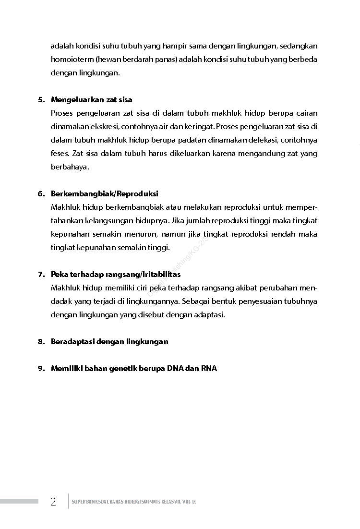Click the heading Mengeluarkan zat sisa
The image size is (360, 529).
[x=91, y=100]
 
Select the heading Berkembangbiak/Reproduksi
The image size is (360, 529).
[x=104, y=194]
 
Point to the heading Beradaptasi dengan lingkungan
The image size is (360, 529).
[x=109, y=342]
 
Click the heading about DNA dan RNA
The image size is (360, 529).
[x=134, y=369]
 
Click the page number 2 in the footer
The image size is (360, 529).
[x=53, y=502]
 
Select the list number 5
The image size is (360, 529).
[x=41, y=100]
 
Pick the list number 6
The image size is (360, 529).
[x=41, y=194]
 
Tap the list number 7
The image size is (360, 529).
[x=41, y=275]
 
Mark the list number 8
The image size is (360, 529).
[x=41, y=342]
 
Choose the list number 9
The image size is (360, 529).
[x=41, y=369]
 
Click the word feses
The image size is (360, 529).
[x=60, y=154]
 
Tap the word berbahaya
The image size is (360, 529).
[x=70, y=167]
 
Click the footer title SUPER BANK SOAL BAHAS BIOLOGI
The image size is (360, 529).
[x=133, y=502]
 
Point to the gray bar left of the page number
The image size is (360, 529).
[x=19, y=501]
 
